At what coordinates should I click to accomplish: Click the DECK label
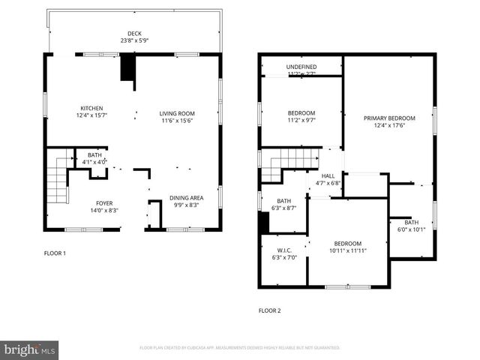pyautogui.click(x=134, y=33)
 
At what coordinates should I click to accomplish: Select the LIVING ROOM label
pyautogui.click(x=177, y=113)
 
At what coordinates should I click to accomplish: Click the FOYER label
pyautogui.click(x=104, y=203)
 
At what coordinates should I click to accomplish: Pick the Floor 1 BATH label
pyautogui.click(x=94, y=154)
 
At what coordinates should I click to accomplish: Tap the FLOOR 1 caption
pyautogui.click(x=55, y=253)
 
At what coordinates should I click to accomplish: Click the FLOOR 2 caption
pyautogui.click(x=269, y=310)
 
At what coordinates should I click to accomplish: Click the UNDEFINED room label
pyautogui.click(x=301, y=67)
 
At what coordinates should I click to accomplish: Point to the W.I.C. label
pyautogui.click(x=283, y=250)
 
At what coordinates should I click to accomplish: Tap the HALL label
pyautogui.click(x=328, y=175)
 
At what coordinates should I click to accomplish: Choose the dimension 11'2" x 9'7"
pyautogui.click(x=301, y=119)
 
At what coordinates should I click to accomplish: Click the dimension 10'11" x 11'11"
pyautogui.click(x=347, y=250)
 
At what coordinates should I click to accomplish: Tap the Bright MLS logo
pyautogui.click(x=29, y=349)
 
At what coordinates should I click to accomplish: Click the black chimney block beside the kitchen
pyautogui.click(x=128, y=69)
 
